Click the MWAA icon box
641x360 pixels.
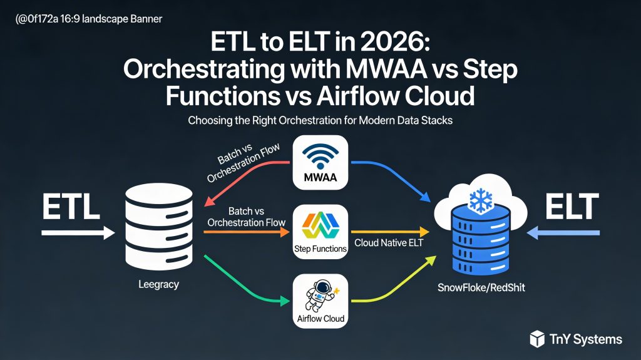coord(320,162)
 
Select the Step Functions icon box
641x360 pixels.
coord(320,232)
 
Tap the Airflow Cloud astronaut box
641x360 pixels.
coord(320,301)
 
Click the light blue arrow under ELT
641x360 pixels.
coord(563,234)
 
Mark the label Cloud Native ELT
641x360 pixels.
coord(389,242)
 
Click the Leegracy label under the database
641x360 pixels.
coord(158,284)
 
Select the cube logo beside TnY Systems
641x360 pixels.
coord(537,339)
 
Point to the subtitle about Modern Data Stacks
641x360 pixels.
coord(320,121)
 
